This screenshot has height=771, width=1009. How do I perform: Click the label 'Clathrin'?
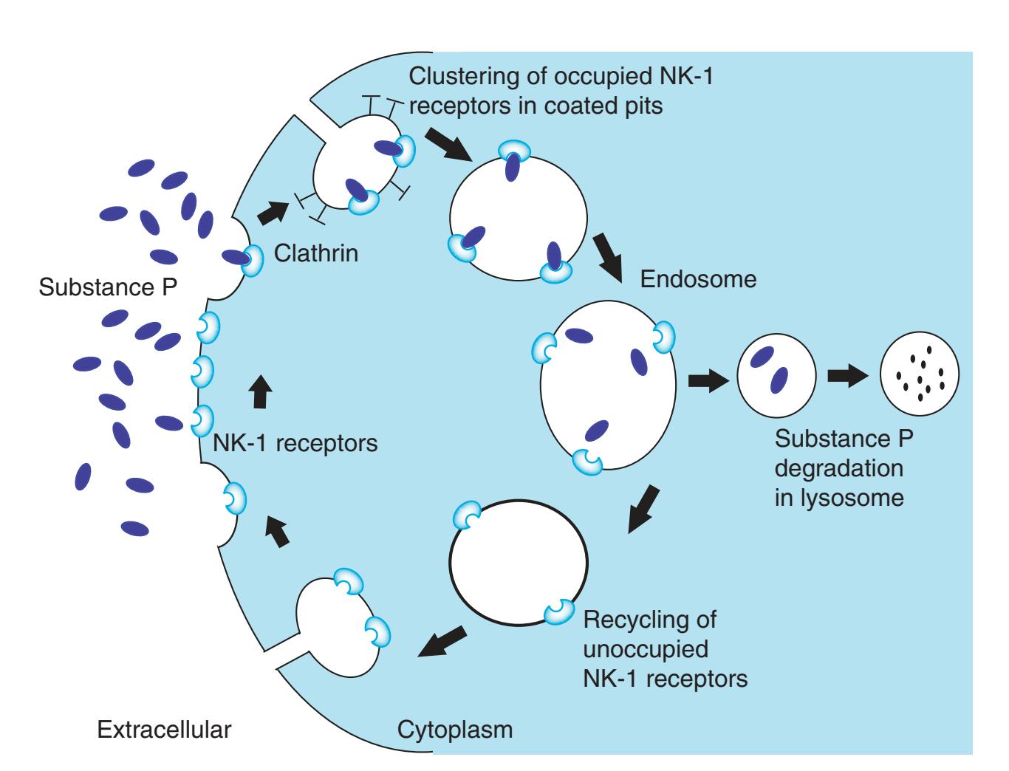[x=315, y=254]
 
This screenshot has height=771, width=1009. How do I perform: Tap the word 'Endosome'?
[x=698, y=280]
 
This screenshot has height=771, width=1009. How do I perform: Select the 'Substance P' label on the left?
[x=108, y=287]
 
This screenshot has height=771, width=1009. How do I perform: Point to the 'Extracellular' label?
[x=165, y=730]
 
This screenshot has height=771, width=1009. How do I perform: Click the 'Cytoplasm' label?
[x=455, y=730]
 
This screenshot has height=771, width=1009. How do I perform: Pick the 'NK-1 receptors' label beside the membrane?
[x=295, y=444]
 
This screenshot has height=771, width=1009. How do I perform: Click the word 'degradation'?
[x=838, y=468]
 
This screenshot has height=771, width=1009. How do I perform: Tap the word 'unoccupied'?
[x=646, y=649]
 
